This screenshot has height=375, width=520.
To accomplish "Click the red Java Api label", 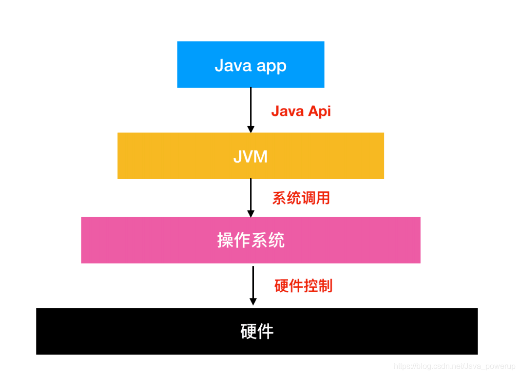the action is (301, 111).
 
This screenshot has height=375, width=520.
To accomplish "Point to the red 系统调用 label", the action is (301, 198).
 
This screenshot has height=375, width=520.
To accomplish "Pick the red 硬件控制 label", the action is (303, 285).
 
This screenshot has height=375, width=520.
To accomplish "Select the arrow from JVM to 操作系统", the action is (250, 195).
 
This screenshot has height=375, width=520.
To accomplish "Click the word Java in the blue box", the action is (233, 65).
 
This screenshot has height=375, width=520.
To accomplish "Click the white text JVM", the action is (250, 156).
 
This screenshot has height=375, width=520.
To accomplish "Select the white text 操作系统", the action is (251, 241).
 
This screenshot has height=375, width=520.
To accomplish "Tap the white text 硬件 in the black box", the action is (257, 331).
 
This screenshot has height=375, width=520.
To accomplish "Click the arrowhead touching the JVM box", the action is (250, 129).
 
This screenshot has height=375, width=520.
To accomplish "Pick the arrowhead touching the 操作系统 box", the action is (250, 213).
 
